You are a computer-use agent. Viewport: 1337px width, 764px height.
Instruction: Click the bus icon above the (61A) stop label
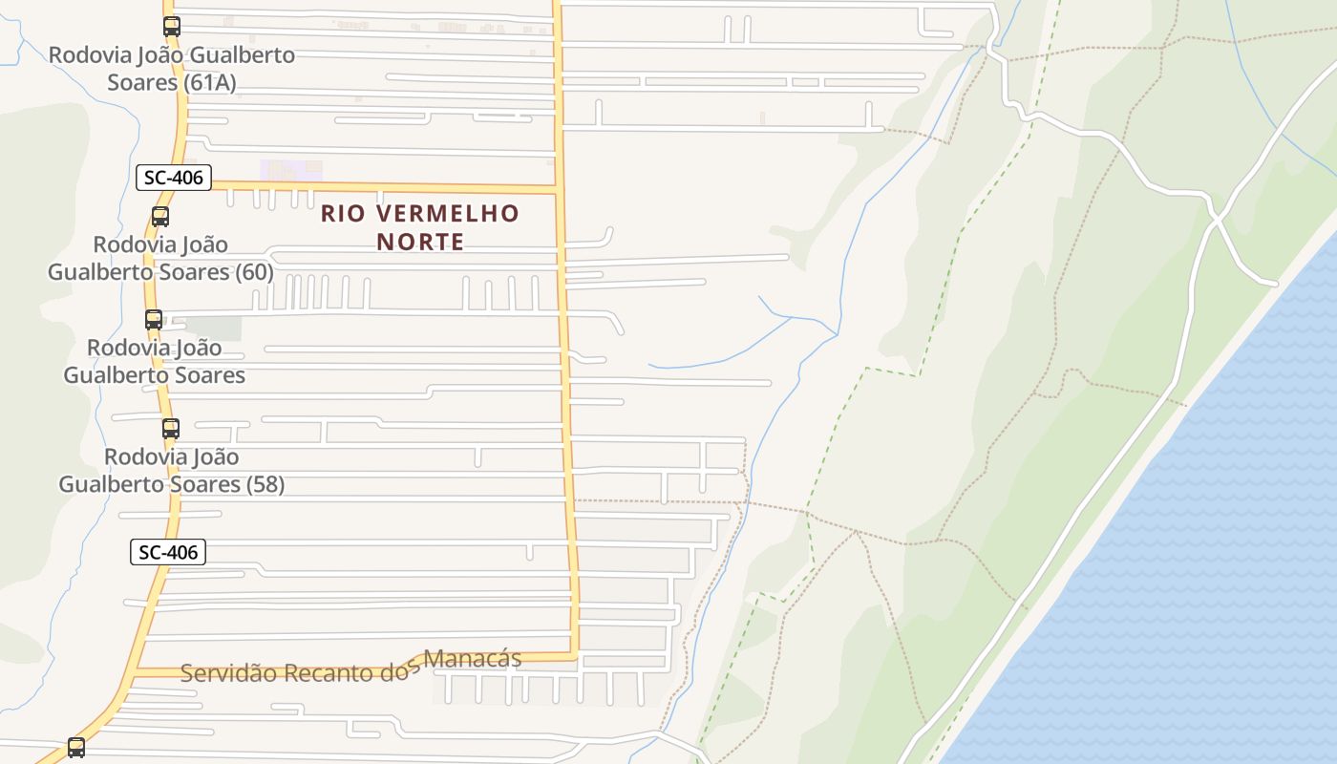171,27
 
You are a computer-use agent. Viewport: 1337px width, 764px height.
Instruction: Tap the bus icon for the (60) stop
160,217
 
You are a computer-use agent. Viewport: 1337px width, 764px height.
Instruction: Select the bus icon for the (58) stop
171,429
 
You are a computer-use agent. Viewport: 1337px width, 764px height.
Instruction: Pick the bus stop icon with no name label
76,747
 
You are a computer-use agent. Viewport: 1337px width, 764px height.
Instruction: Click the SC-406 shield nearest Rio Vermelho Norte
173,177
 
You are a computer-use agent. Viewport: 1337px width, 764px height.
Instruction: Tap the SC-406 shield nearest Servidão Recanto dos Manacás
167,551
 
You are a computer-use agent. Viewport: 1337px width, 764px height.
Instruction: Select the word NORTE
420,242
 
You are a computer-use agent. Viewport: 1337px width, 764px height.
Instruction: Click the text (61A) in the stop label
210,82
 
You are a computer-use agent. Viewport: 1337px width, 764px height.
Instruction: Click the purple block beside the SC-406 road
291,171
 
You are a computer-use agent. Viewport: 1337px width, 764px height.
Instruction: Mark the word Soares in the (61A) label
143,82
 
